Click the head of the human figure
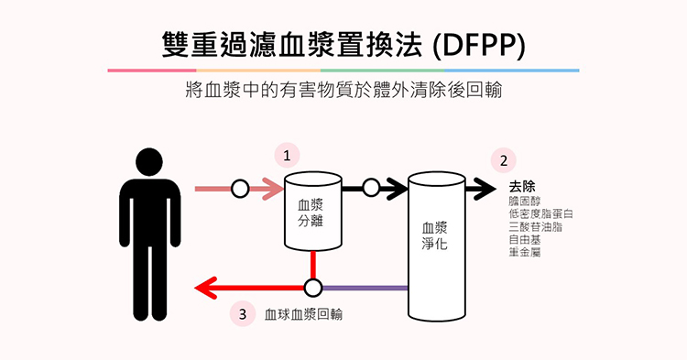click(149, 161)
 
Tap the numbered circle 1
click(287, 156)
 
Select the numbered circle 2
click(504, 160)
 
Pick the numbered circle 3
click(243, 314)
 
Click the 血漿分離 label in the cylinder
click(311, 213)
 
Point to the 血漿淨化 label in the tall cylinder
click(434, 235)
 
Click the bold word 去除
click(522, 187)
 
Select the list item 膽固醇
click(525, 202)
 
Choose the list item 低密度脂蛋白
click(540, 214)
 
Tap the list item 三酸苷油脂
click(536, 227)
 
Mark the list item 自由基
click(525, 240)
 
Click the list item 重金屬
click(525, 252)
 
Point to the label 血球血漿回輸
click(303, 314)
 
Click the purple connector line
click(365, 289)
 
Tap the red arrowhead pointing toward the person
click(206, 289)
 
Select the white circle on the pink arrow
click(240, 190)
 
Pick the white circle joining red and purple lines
click(313, 289)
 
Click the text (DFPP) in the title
click(478, 45)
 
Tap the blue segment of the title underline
click(512, 70)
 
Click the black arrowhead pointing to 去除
click(485, 190)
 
